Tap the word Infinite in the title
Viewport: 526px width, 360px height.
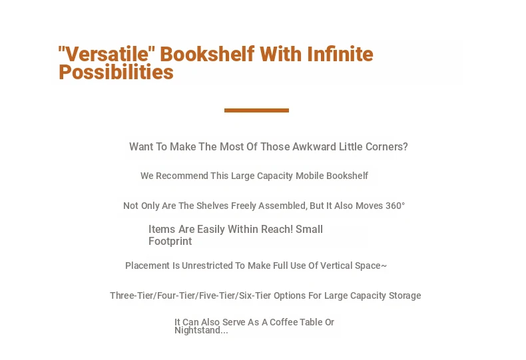(x=340, y=54)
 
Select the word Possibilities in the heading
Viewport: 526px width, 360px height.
(x=116, y=72)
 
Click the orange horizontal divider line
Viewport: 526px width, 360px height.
(x=256, y=110)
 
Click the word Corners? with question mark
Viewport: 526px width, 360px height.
(x=386, y=147)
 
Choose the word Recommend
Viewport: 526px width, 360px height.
(x=182, y=176)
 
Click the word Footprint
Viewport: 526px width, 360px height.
(x=170, y=242)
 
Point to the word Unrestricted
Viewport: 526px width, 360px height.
(x=207, y=266)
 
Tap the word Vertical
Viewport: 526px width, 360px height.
(x=336, y=266)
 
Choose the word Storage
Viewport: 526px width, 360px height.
(x=405, y=295)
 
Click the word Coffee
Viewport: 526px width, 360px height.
(x=284, y=322)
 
